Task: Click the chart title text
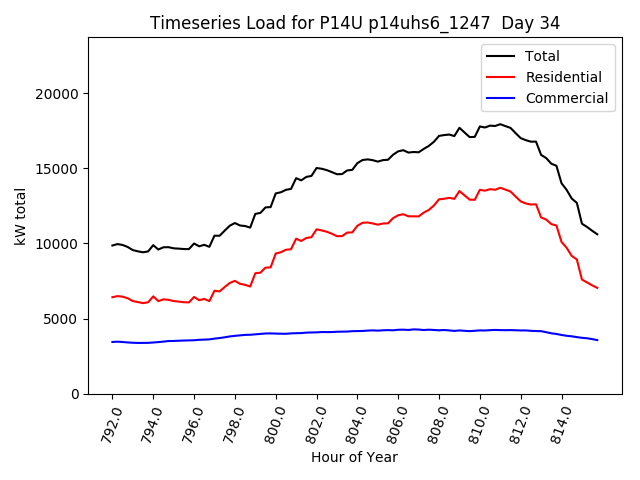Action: coord(355,22)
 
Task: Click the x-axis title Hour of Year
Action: coord(355,457)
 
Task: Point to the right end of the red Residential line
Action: coord(597,288)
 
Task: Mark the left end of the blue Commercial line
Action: coord(112,342)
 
